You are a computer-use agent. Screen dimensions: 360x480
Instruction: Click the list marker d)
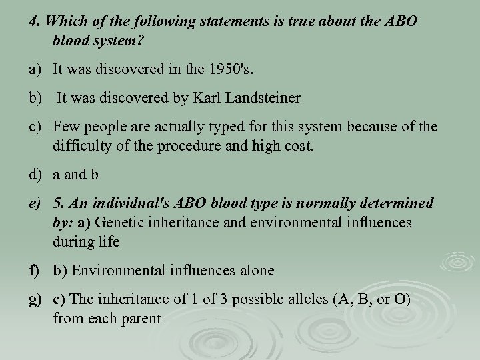36,175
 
